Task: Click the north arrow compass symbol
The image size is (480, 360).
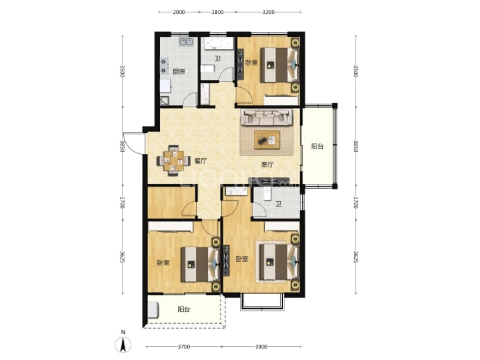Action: coord(123,345)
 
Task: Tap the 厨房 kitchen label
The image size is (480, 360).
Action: coord(179,72)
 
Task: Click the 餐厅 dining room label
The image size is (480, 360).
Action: coord(200,161)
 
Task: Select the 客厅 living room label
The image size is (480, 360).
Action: coord(267,164)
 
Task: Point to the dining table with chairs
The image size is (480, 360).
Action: coord(173,161)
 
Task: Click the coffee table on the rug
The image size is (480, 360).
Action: coord(267,140)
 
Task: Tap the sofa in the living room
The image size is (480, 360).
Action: coord(266,118)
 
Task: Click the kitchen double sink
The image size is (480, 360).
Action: coord(186,42)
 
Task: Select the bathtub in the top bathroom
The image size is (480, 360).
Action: coord(217,44)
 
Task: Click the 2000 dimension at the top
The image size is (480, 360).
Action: coord(179,13)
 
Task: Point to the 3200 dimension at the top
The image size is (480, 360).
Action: coord(268,13)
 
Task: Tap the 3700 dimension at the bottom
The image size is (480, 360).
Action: coord(184,347)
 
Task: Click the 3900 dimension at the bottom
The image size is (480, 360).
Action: coord(261,347)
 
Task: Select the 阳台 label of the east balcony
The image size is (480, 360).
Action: coord(317,146)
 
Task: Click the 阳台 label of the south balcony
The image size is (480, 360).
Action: coord(184,309)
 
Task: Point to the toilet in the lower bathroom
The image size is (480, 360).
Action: coord(268,194)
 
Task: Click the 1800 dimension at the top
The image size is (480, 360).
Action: coord(217,13)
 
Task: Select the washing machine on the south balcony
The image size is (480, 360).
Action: coord(153,310)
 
